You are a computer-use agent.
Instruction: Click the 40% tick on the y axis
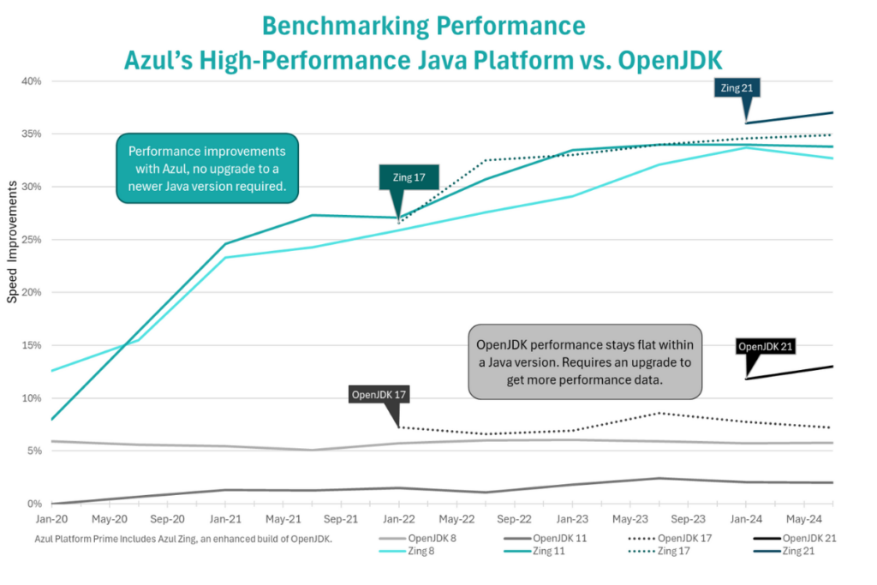[31, 81]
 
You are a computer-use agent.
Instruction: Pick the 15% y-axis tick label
[31, 345]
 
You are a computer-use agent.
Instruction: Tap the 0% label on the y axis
[34, 504]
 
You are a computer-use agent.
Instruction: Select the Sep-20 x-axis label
[168, 519]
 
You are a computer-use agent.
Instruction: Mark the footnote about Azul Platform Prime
[183, 538]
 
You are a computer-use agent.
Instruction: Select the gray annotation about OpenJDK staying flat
[585, 361]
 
